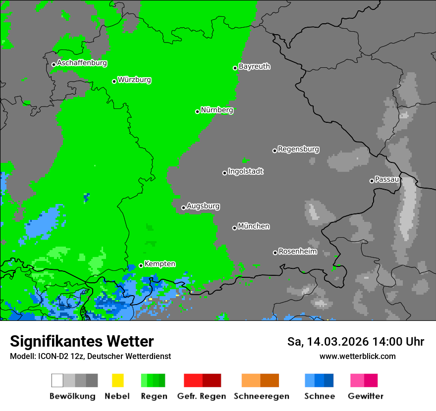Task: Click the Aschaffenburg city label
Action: [82, 63]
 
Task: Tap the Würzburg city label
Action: [134, 80]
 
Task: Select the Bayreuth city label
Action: [255, 66]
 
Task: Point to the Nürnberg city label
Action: [217, 110]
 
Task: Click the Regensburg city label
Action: [298, 149]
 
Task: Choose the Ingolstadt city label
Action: [246, 172]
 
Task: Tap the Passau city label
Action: [387, 180]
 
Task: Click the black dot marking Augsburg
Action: [183, 207]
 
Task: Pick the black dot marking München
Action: [234, 228]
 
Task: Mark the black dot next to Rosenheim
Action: [275, 253]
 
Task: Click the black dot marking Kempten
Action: [141, 265]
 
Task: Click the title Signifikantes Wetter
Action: [82, 341]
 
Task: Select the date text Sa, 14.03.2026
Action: [328, 342]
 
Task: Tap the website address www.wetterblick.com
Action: [357, 356]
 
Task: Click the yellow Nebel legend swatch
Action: [117, 380]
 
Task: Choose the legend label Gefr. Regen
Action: [202, 396]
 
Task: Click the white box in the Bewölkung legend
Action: [57, 380]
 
